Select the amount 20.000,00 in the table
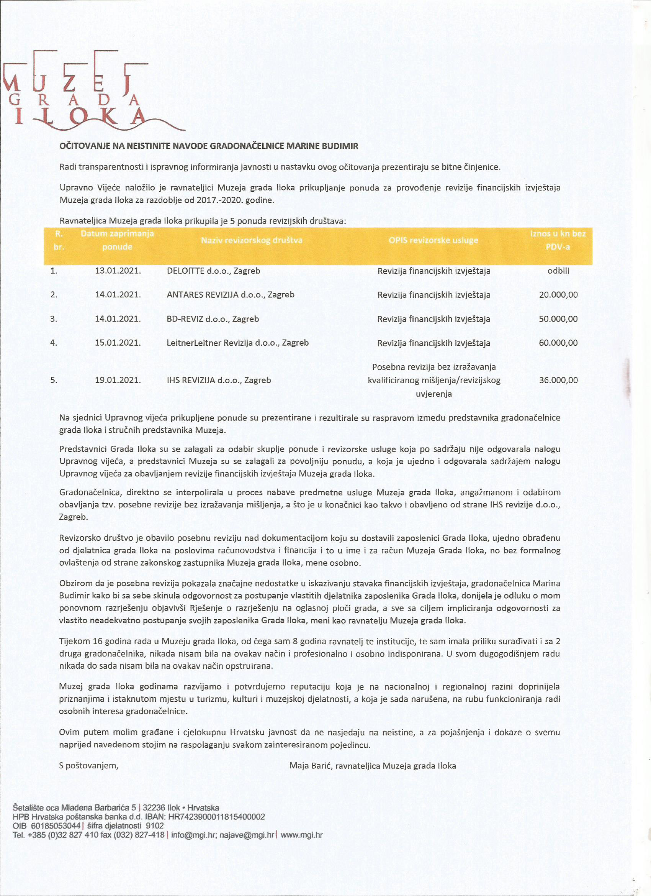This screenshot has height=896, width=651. click(558, 295)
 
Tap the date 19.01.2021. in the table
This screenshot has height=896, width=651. click(118, 380)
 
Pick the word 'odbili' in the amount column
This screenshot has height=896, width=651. click(558, 271)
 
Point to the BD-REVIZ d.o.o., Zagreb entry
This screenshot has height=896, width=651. click(213, 319)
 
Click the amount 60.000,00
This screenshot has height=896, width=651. click(558, 343)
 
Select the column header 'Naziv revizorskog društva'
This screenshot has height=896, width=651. click(252, 240)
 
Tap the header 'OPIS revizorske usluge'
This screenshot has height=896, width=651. click(433, 240)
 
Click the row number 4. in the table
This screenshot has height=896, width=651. click(54, 343)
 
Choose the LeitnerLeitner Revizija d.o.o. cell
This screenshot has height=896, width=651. click(237, 343)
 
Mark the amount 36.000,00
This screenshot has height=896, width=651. click(558, 380)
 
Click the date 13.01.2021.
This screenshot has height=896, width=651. click(118, 271)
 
